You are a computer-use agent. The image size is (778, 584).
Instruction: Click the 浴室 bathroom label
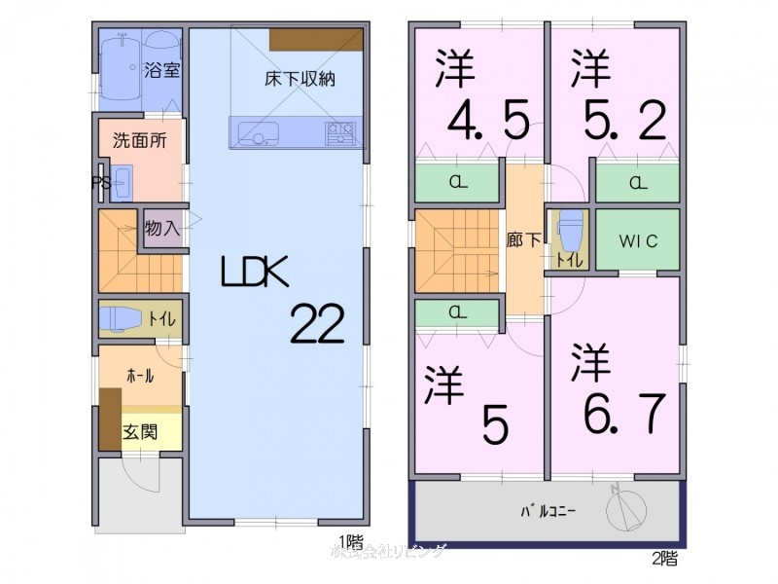pyautogui.click(x=160, y=70)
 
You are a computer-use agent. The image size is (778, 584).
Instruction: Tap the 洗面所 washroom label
pyautogui.click(x=139, y=139)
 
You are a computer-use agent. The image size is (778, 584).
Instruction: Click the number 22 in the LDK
pyautogui.click(x=317, y=323)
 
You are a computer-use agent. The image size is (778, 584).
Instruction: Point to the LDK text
pyautogui.click(x=254, y=274)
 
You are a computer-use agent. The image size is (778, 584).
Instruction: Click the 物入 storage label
pyautogui.click(x=160, y=229)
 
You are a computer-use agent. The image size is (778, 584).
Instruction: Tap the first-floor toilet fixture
pyautogui.click(x=123, y=318)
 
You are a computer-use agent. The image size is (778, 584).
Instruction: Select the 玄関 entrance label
pyautogui.click(x=139, y=431)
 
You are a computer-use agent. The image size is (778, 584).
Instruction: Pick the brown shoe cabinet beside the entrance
pyautogui.click(x=109, y=419)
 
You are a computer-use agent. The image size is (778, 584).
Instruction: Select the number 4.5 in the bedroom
pyautogui.click(x=488, y=122)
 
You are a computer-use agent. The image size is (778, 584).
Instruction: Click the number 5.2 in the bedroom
pyautogui.click(x=624, y=122)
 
